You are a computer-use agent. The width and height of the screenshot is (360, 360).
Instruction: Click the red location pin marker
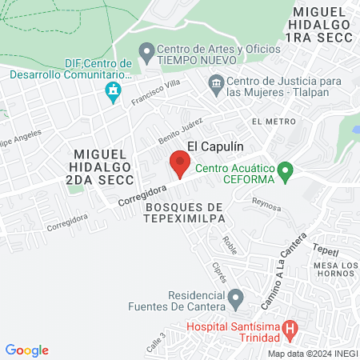tap(180, 166)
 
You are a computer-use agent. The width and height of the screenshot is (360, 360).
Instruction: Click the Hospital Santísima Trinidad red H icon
tap(290, 327)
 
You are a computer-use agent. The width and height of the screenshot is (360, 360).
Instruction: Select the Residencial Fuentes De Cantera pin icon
tap(235, 300)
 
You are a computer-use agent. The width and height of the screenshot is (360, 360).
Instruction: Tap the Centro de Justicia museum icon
tap(215, 82)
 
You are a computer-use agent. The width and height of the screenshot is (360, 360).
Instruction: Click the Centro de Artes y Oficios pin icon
tap(146, 53)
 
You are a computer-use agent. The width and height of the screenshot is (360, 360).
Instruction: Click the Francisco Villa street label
tap(152, 96)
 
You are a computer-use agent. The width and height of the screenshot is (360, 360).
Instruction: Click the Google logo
tap(27, 350)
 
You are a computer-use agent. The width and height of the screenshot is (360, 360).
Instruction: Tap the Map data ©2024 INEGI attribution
tap(311, 354)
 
